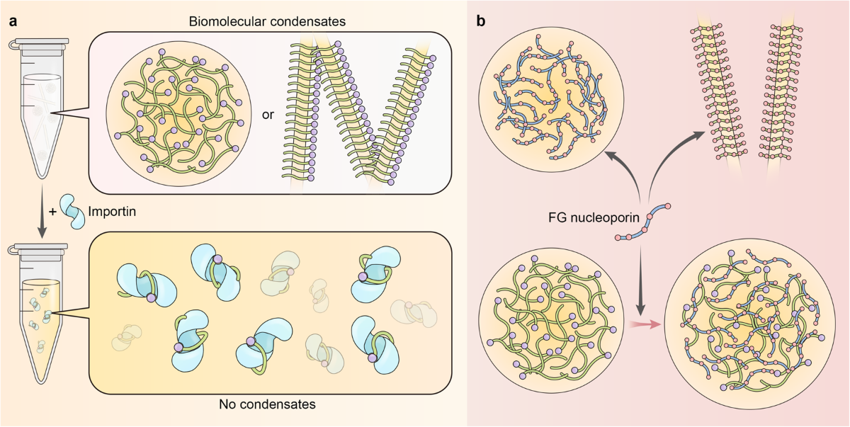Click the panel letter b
481,22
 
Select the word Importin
113,210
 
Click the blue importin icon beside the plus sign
72,210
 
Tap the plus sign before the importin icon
50,210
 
